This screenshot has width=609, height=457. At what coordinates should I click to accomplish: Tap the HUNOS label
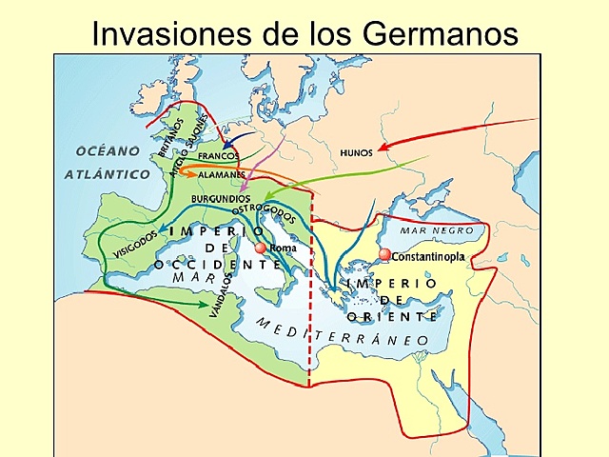(x=356, y=153)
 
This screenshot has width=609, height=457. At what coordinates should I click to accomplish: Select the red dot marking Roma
(x=261, y=248)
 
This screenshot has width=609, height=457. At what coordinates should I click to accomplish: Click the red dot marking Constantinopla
(x=384, y=255)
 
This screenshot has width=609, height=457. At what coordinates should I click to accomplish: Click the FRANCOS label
(x=218, y=155)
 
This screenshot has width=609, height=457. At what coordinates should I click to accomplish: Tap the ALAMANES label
(x=221, y=175)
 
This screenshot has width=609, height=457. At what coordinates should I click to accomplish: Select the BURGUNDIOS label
(x=221, y=198)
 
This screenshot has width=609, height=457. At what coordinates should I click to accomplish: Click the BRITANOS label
(x=171, y=137)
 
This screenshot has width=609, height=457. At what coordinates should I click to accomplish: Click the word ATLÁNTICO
(x=108, y=174)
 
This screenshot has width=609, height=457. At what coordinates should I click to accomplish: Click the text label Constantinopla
(x=426, y=257)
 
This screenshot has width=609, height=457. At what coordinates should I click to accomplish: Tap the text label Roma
(x=284, y=248)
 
